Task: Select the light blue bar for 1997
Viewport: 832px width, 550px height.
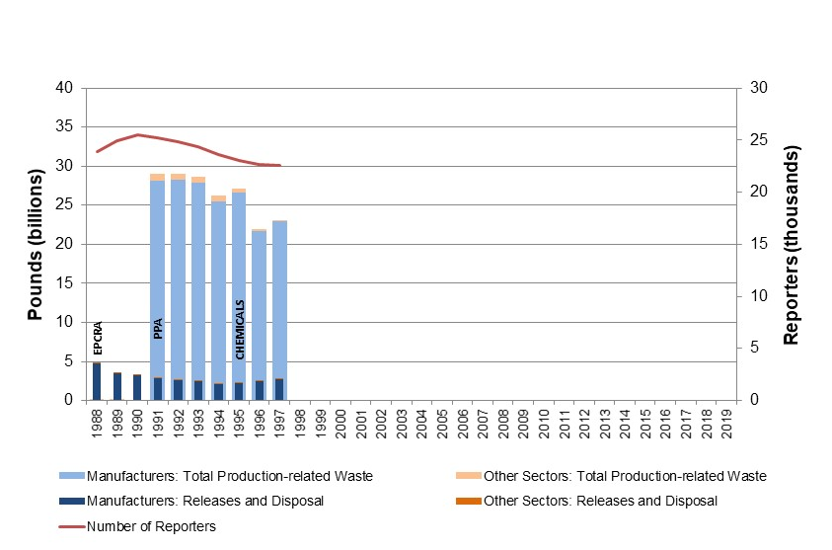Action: tap(279, 296)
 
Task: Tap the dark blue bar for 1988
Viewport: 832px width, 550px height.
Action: tap(97, 382)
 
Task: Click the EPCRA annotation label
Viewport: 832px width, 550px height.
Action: tap(97, 337)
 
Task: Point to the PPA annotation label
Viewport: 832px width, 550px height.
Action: tap(158, 328)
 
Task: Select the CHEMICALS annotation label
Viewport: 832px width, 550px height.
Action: tap(239, 327)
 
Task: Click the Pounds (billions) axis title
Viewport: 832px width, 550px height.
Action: tap(36, 244)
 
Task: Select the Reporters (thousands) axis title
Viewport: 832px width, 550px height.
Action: tap(792, 244)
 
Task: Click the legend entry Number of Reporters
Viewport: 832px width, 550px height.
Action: tap(151, 526)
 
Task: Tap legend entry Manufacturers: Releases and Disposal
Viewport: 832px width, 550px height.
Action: tap(205, 501)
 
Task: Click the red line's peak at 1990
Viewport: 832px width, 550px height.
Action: tap(137, 134)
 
